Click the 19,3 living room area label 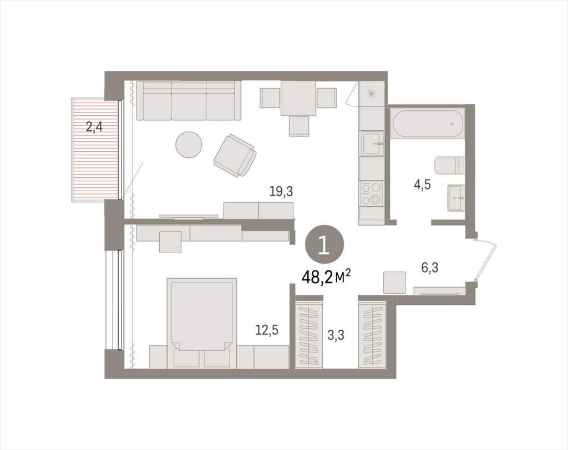pos(281,192)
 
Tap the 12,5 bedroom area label pos(267,330)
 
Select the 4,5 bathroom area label pos(422,185)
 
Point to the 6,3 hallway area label pos(430,268)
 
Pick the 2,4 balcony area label pos(93,127)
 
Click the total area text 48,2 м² pos(326,277)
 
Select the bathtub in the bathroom pos(428,124)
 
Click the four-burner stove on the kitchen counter pos(371,193)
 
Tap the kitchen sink pos(372,144)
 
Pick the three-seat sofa pos(189,100)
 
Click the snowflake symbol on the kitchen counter pos(371,94)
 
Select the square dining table pos(299,97)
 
